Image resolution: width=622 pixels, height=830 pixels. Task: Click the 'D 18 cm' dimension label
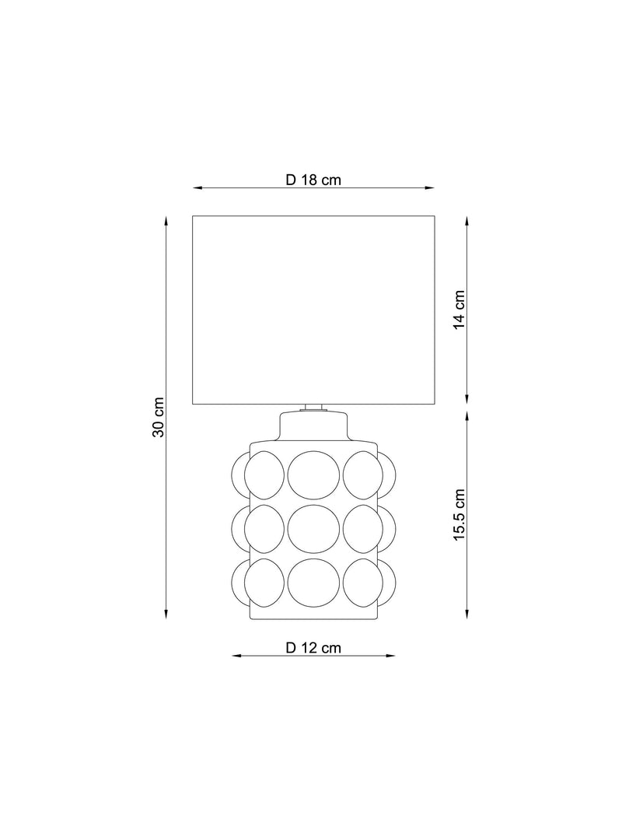[x=313, y=180]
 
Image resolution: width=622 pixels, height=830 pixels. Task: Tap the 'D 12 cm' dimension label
[x=313, y=648]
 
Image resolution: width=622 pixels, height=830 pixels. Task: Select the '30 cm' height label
[x=158, y=417]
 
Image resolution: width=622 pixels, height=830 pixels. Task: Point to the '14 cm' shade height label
[x=459, y=310]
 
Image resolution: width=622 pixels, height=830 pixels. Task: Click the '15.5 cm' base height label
[x=459, y=514]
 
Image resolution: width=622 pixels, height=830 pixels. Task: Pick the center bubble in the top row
[x=313, y=475]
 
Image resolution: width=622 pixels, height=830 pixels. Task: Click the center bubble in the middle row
[x=313, y=529]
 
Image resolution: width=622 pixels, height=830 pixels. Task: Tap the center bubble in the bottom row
[x=313, y=583]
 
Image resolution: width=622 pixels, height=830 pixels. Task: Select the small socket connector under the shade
[x=313, y=408]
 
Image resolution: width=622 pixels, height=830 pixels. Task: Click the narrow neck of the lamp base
[x=313, y=426]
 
